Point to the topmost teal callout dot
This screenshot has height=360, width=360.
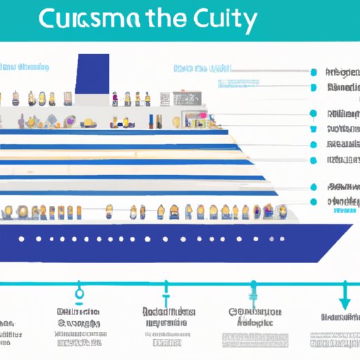coord(311,71)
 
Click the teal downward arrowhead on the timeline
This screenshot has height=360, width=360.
coord(345,302)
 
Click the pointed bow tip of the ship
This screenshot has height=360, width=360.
coord(351,226)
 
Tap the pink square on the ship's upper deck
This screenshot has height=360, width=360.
coord(203,115)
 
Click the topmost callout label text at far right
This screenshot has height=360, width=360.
coord(342,72)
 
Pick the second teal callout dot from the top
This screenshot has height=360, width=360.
coord(311,88)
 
